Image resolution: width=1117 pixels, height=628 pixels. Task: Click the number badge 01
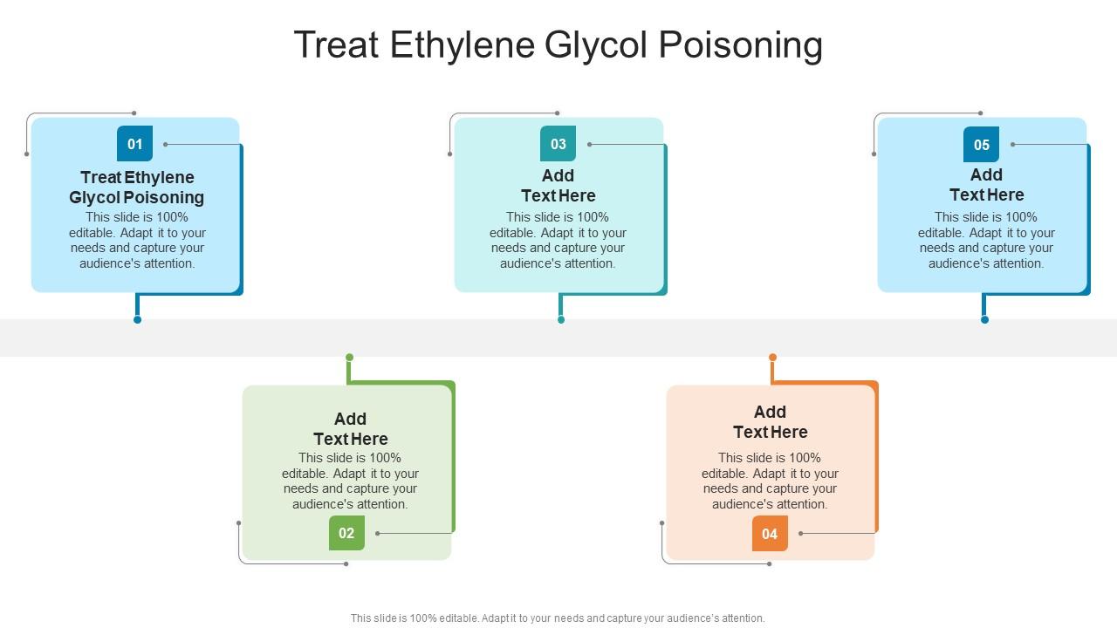tap(134, 144)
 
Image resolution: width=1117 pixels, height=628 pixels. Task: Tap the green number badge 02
tap(346, 533)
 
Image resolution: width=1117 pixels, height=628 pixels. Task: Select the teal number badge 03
tap(558, 144)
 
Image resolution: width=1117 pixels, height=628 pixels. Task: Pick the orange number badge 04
tap(770, 533)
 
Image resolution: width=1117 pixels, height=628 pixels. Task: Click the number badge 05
tap(981, 144)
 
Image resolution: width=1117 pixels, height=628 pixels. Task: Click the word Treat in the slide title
tap(336, 44)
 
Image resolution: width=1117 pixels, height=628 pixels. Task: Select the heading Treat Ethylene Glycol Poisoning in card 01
tap(137, 188)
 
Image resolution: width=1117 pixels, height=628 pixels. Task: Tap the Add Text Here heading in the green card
tap(350, 428)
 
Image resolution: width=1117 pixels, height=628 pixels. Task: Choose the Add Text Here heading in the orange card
tap(770, 421)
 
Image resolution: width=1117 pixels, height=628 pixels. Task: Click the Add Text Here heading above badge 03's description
tap(558, 185)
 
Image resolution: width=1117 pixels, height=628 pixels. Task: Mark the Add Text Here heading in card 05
tap(986, 184)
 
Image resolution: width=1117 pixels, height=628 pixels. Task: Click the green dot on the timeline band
tap(349, 357)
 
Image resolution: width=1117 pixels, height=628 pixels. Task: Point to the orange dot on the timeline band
tap(772, 357)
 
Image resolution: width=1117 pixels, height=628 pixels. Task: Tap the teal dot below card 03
tap(561, 320)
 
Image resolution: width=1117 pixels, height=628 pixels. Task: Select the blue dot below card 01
tap(137, 320)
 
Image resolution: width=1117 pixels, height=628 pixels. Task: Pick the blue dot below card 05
tap(984, 320)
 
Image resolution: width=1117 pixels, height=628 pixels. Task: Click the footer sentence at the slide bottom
tap(558, 618)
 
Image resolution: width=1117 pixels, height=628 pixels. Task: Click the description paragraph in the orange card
tap(770, 481)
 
